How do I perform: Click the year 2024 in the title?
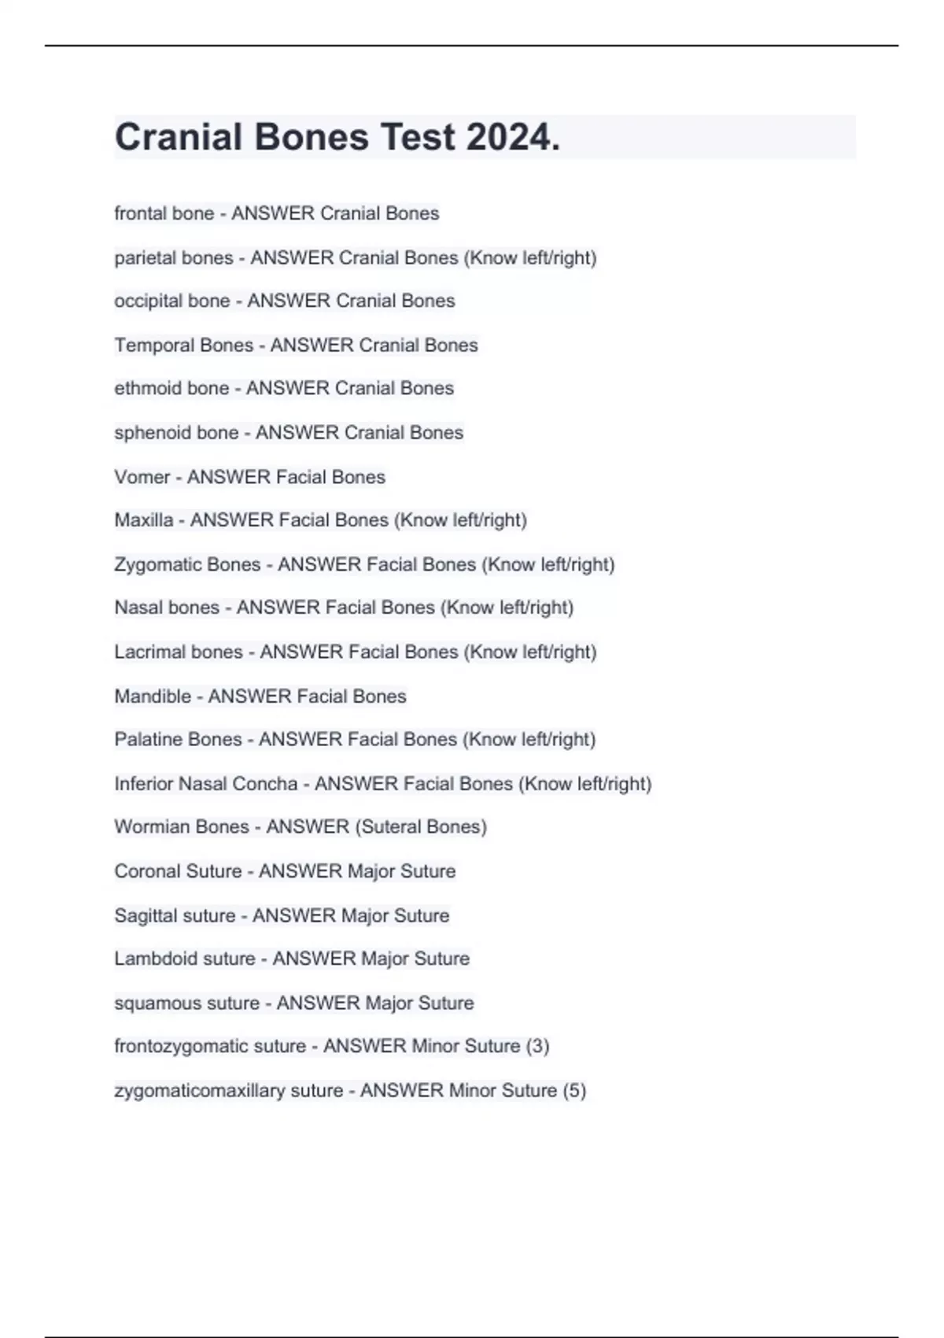(512, 138)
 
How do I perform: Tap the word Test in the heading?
(418, 138)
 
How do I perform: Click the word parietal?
(146, 258)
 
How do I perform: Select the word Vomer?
(142, 477)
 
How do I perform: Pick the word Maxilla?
(143, 520)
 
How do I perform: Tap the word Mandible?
(153, 696)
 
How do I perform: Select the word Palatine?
(147, 740)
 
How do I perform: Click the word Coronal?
(146, 871)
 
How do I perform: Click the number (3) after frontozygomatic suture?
(537, 1046)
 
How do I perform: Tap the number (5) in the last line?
(574, 1091)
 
